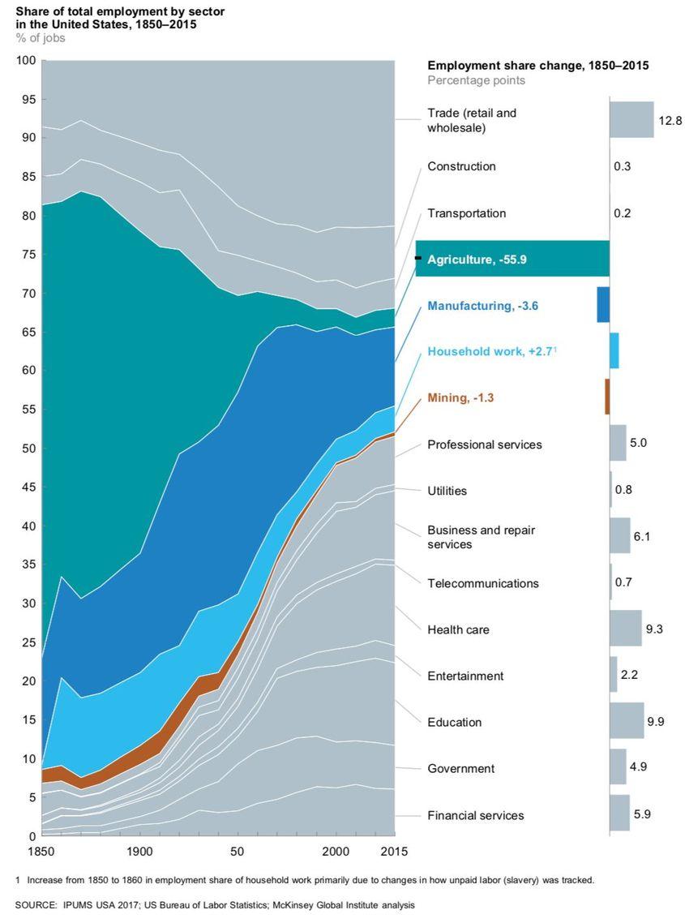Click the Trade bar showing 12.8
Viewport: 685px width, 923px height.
[x=631, y=120]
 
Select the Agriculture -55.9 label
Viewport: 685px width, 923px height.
[x=480, y=260]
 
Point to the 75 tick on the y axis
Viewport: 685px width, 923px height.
[x=29, y=255]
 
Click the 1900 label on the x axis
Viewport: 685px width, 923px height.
[x=139, y=852]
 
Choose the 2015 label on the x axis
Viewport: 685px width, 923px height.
[x=393, y=852]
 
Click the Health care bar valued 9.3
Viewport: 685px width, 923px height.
[x=625, y=629]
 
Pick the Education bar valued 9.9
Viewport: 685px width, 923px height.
[x=627, y=721]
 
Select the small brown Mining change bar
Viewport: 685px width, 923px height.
[x=607, y=397]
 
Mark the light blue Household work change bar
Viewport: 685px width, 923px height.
[x=614, y=350]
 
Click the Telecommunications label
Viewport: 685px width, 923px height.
[x=482, y=583]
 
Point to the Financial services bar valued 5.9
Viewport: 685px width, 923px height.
[x=619, y=814]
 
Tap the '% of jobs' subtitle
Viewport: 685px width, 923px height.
[x=41, y=38]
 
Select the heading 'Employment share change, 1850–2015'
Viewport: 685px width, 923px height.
[x=537, y=66]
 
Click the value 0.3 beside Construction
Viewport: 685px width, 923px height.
[x=623, y=166]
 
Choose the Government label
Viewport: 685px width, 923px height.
[x=460, y=768]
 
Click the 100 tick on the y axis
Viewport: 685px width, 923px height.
[x=27, y=61]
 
